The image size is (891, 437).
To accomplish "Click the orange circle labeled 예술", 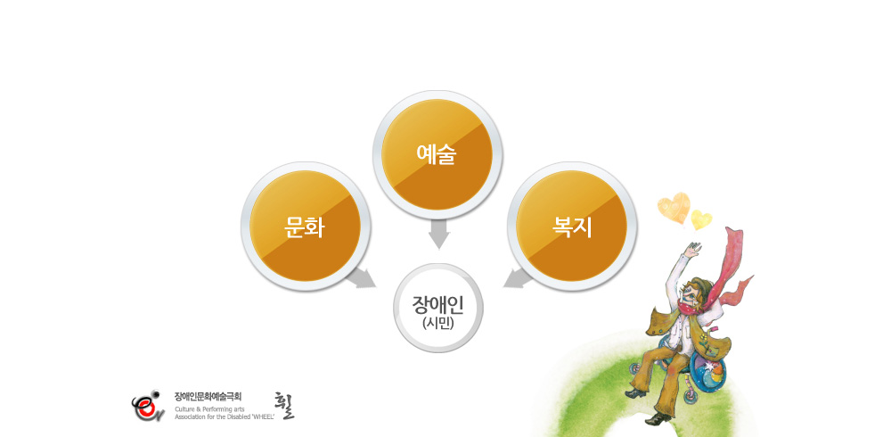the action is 437,154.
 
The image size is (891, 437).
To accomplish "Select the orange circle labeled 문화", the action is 305,226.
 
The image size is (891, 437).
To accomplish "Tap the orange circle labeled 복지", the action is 571,226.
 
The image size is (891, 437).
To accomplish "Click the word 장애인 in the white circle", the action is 437,304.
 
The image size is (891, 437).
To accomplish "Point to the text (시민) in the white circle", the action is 438,323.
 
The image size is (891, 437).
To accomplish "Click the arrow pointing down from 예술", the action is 438,234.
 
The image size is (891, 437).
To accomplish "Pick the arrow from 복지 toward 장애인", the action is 517,277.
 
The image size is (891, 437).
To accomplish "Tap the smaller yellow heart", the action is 701,219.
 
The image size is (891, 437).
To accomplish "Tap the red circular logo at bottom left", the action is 148,406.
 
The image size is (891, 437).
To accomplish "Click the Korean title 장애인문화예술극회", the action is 208,396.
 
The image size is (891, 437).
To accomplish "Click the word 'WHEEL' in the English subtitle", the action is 263,416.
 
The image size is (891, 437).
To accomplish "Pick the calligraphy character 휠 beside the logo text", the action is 284,406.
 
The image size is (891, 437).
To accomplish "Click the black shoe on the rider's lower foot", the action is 658,419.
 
